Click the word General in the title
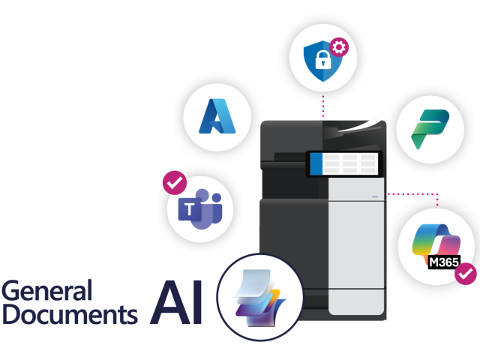pos(46,290)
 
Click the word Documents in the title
pos(70,314)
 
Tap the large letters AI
pos(177,302)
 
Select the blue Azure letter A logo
pos(217,116)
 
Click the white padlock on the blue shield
pos(322,60)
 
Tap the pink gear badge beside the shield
pos(339,47)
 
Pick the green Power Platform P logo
pos(430,129)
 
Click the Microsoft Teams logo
pos(200,209)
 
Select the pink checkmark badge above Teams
pos(175,183)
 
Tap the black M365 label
pos(444,262)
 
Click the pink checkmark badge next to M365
pos(466,274)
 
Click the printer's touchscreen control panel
pos(344,163)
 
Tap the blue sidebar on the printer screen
pos(316,163)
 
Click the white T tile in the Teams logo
pos(190,209)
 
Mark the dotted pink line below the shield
pos(323,106)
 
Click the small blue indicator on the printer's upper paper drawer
pos(375,196)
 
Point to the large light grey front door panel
pos(356,245)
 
